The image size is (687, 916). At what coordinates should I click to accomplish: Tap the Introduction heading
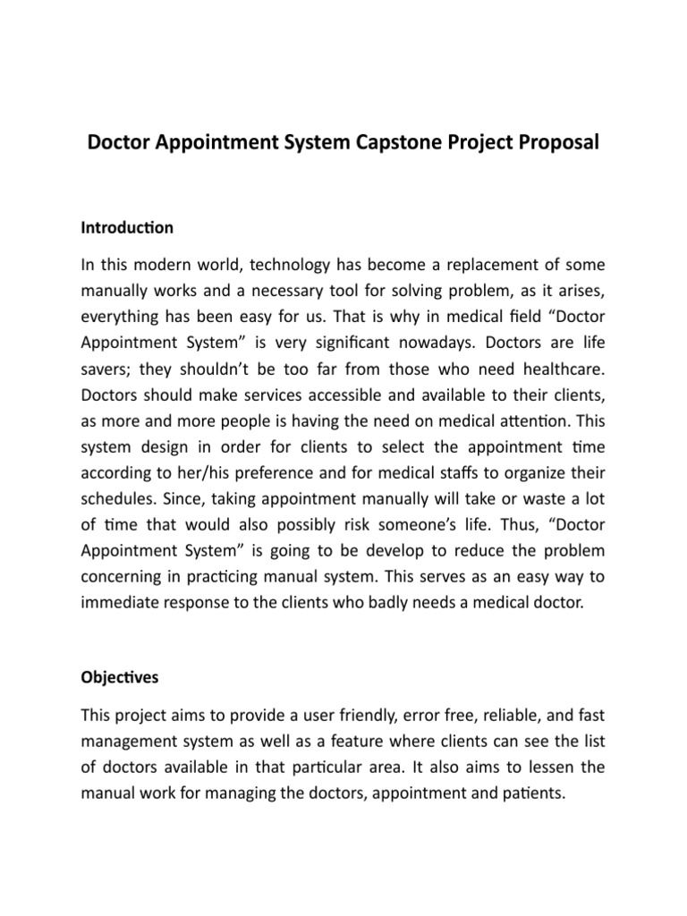pos(127,228)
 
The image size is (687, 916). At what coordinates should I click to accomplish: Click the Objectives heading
pos(119,677)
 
